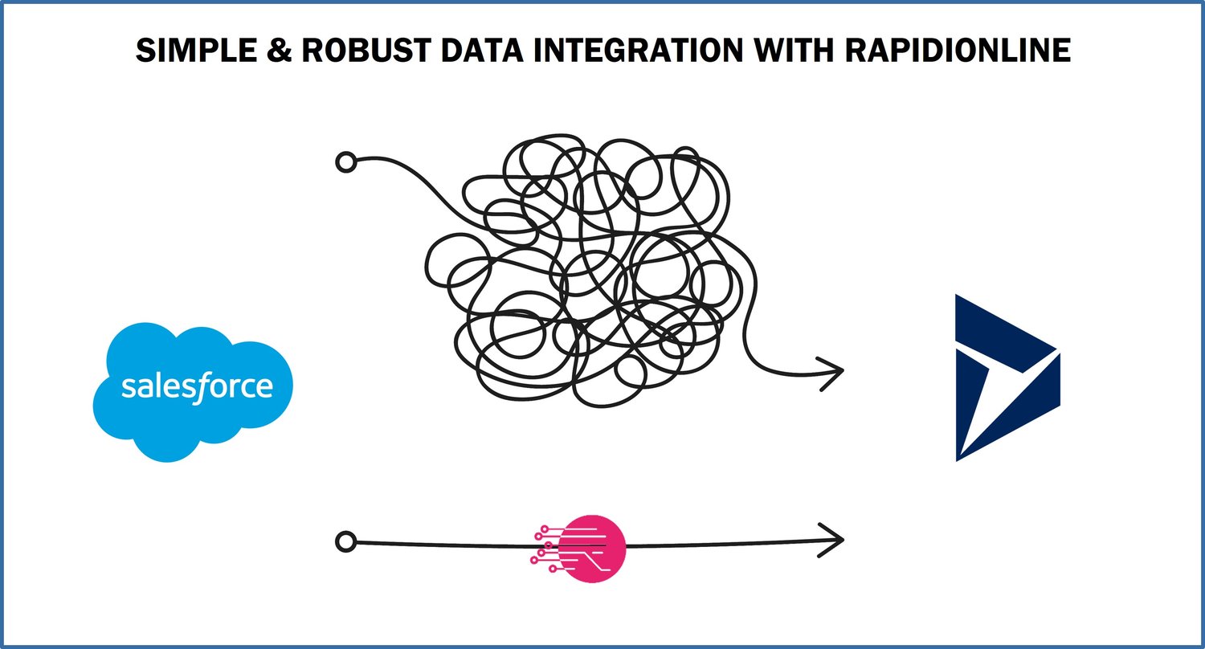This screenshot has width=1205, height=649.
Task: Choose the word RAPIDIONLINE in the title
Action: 958,51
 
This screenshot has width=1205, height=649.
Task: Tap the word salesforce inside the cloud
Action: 197,386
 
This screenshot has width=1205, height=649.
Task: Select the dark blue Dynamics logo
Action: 1006,378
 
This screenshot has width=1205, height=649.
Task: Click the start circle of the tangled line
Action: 345,162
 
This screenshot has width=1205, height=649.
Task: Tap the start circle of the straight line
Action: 345,542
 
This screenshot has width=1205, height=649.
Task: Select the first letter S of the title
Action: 145,51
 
